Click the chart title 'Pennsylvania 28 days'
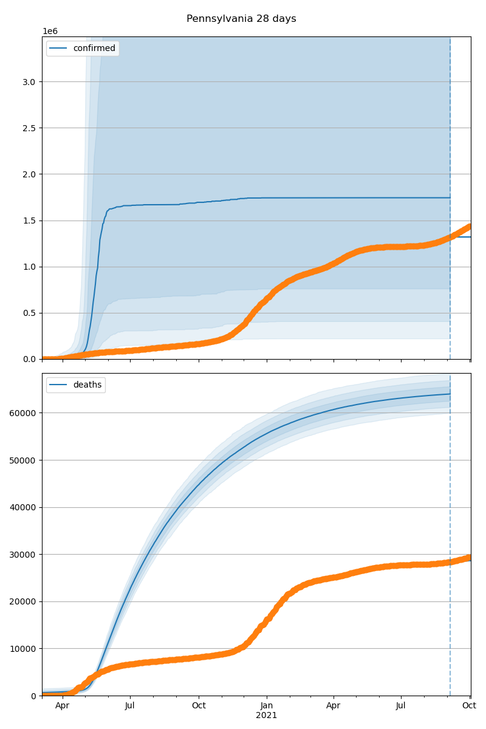(241, 19)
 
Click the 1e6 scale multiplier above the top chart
(50, 31)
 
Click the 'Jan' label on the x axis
(266, 706)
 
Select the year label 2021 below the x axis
(266, 716)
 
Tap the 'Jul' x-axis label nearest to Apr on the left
(130, 706)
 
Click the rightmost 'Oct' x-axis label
(468, 706)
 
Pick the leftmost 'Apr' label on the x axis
(62, 706)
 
